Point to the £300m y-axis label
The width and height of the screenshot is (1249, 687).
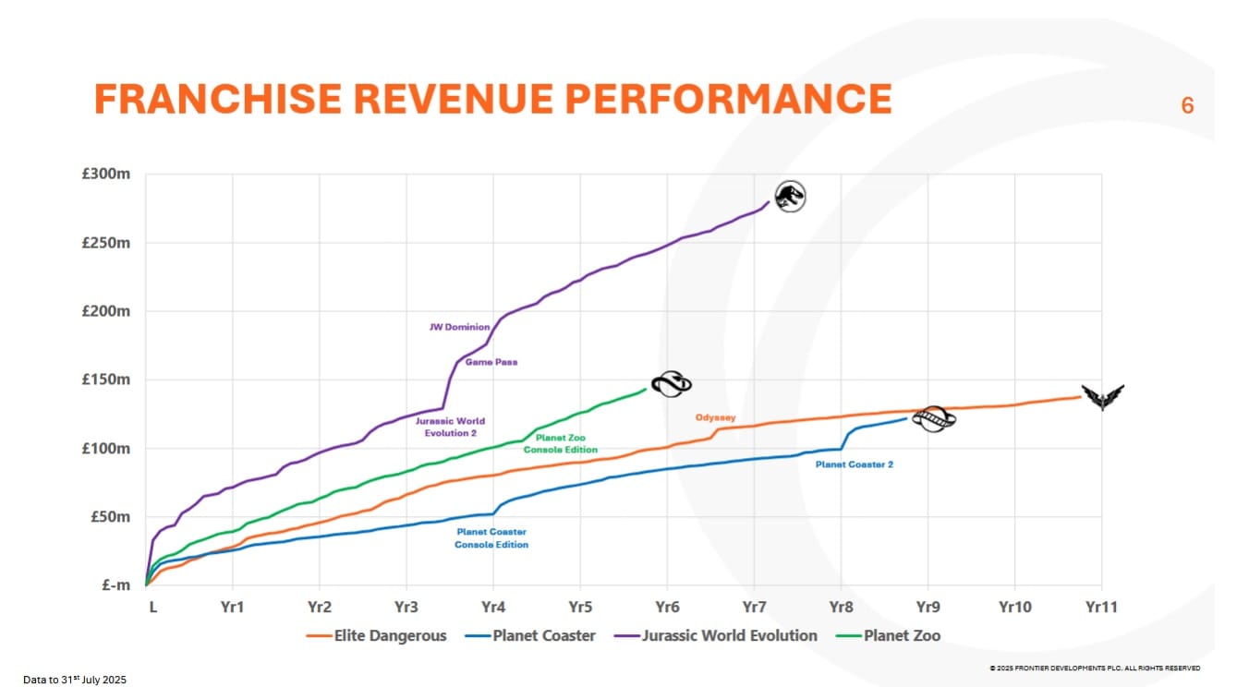click(108, 175)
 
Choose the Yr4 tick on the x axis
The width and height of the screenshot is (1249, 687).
click(492, 607)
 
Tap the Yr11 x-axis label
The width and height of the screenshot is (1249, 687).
click(1100, 607)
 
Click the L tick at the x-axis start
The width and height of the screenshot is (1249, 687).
click(152, 607)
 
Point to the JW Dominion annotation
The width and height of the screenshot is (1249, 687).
click(459, 327)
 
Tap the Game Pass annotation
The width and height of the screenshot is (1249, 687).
click(491, 362)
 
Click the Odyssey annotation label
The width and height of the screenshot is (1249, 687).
click(715, 417)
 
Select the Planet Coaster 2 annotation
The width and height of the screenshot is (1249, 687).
click(854, 464)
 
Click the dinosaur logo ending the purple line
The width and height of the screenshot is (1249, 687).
click(790, 196)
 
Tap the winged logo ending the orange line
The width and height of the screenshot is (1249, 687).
click(1103, 397)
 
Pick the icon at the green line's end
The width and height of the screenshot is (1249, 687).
click(671, 384)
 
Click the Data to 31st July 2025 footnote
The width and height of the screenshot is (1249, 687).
click(74, 680)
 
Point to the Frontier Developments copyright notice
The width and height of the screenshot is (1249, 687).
click(1095, 668)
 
